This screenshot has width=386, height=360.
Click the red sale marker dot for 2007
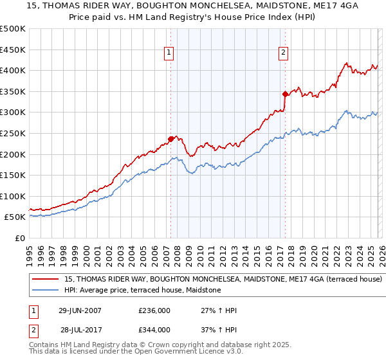[x=170, y=138]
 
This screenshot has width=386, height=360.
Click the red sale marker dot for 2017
[x=285, y=93]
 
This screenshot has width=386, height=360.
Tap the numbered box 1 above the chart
[x=169, y=53]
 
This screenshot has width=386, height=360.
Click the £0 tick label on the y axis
[x=20, y=238]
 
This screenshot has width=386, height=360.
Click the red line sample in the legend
[x=46, y=280]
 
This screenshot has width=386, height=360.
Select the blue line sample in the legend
[x=46, y=291]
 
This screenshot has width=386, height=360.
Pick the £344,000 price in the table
[x=154, y=330]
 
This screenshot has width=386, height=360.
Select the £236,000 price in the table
[x=154, y=310]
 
